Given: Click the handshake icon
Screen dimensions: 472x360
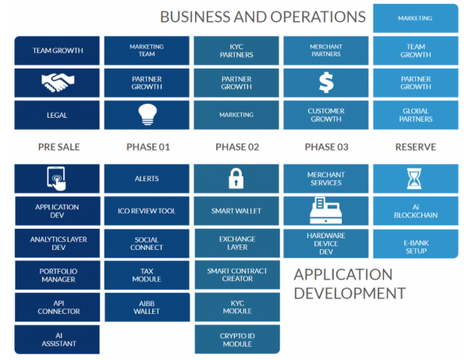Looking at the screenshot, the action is tap(58, 83).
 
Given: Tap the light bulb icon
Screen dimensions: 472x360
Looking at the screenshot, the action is tap(147, 115).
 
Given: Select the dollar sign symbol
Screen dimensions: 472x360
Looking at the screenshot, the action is tap(326, 83).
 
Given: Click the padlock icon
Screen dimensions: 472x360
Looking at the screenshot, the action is tap(236, 178).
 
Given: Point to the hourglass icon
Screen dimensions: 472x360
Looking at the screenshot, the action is tap(414, 178).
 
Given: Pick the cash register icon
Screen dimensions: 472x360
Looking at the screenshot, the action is tap(325, 211).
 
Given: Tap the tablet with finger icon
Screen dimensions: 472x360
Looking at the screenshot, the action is tap(56, 178).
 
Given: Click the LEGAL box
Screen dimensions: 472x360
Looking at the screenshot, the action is tap(57, 115).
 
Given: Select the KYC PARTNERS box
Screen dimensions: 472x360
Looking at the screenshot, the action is tap(236, 51).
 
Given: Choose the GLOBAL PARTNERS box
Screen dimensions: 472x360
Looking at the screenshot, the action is tap(416, 115).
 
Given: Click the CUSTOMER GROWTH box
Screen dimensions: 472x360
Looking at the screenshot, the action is tap(326, 115).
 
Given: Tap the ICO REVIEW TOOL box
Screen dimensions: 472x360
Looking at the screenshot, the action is tap(147, 211).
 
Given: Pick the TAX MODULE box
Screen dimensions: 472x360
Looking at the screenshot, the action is tap(147, 275).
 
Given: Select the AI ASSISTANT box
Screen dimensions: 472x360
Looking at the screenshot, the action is tap(57, 340).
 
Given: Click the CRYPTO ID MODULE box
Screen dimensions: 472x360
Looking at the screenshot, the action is tap(237, 340).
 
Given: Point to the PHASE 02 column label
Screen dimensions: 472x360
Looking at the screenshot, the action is tap(237, 147).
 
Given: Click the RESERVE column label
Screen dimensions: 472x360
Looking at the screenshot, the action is tap(415, 147).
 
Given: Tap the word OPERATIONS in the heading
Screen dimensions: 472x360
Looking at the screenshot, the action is tap(318, 17).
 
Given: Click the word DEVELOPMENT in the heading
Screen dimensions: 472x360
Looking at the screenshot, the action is tap(350, 294).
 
